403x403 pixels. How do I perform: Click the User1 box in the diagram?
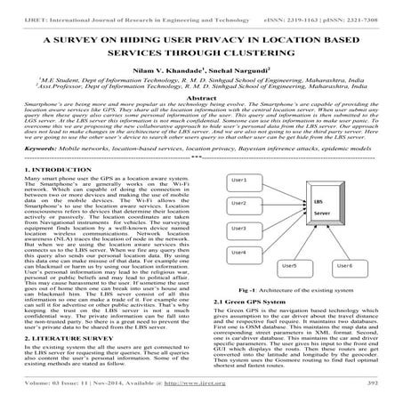[x=244, y=181]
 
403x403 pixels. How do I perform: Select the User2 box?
[x=244, y=205]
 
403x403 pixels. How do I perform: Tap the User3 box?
[x=244, y=230]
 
